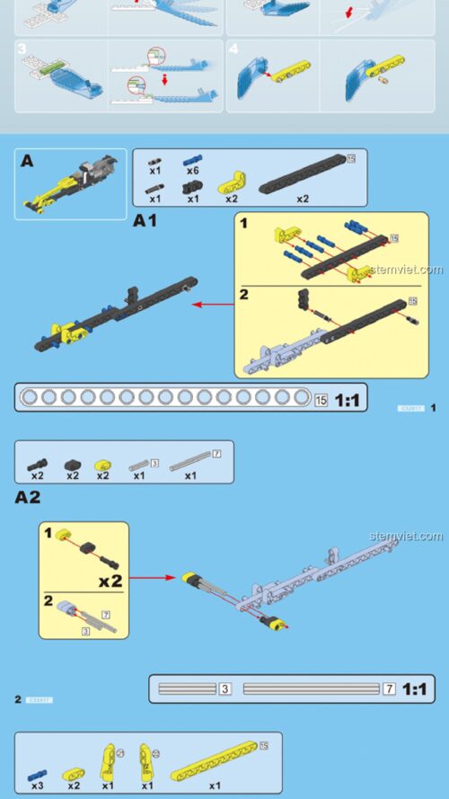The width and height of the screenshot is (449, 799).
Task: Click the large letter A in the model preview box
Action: coord(27,162)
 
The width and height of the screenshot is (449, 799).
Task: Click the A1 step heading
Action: coord(145,220)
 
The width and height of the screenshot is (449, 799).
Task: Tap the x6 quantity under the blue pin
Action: coord(192,171)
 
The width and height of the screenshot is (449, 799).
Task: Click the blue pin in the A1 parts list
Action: coord(192,158)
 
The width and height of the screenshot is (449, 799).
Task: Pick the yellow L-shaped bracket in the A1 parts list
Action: coord(231,184)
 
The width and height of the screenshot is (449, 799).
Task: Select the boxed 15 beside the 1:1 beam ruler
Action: coord(321,400)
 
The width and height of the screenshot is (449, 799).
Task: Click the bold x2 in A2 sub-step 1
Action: coord(110,581)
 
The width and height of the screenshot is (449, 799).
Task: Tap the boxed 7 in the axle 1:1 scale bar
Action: coord(389,689)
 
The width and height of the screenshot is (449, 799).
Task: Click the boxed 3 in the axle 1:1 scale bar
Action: coord(225,689)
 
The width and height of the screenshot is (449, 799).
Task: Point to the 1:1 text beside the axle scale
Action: coord(417,689)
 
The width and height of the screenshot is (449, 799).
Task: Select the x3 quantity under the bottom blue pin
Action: coord(37,785)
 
